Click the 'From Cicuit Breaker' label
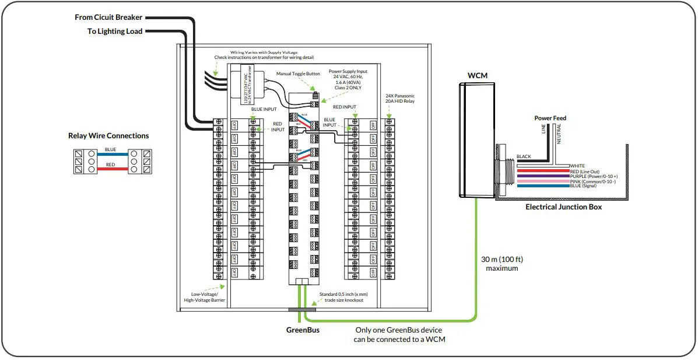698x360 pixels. (108, 18)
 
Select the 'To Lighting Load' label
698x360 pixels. (115, 32)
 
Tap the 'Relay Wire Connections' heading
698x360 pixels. (108, 136)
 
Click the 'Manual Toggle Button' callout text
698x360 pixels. (298, 74)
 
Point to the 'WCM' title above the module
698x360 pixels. (477, 76)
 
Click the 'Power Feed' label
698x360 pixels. (550, 118)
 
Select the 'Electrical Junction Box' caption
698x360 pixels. (563, 207)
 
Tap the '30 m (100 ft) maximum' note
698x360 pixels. (501, 264)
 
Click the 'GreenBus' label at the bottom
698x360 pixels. (302, 330)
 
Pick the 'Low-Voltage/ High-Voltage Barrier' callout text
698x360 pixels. (204, 297)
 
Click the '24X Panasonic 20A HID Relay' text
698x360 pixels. (400, 99)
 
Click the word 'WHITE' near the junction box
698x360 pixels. (577, 166)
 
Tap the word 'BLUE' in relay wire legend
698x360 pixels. (110, 149)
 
